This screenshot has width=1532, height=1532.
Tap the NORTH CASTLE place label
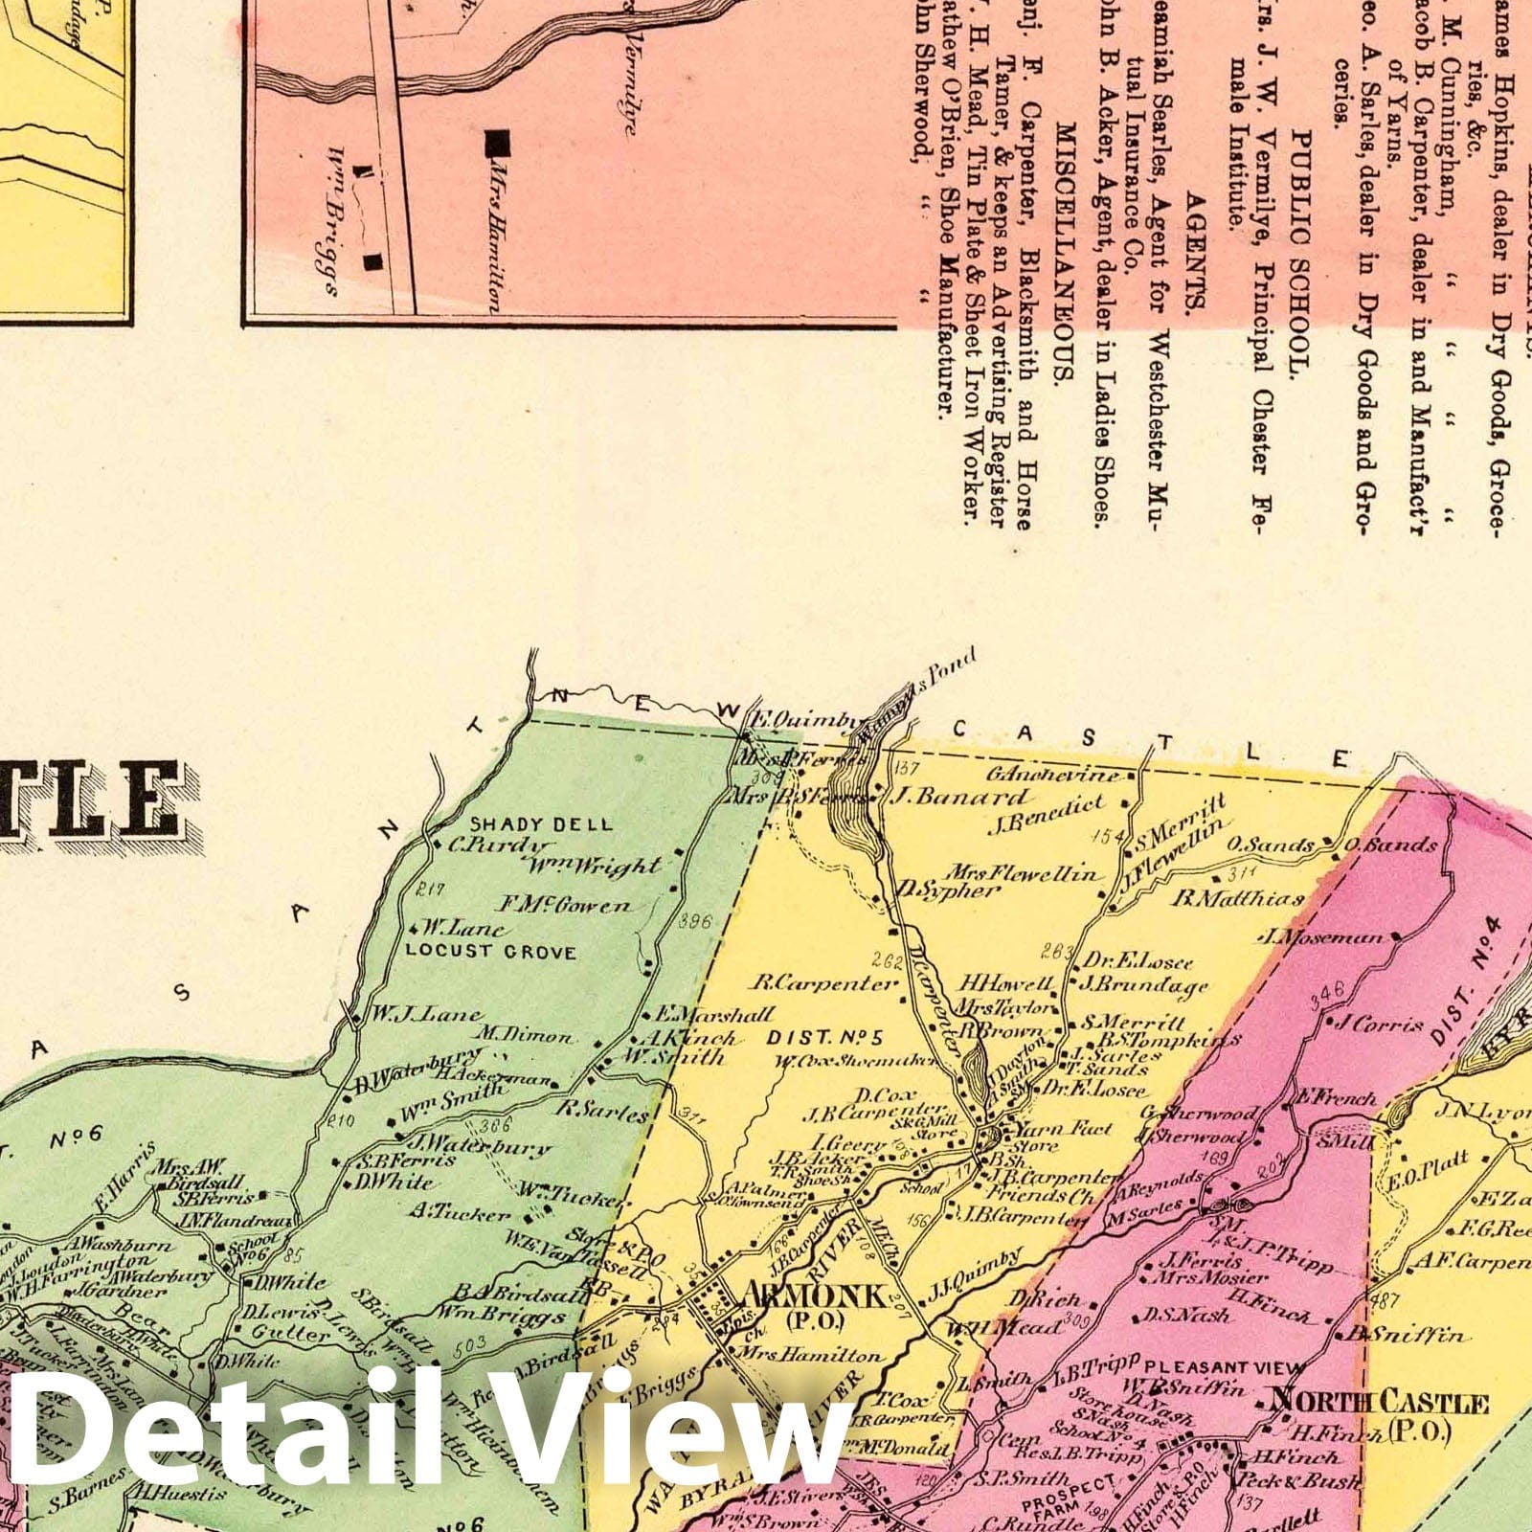(x=1379, y=1404)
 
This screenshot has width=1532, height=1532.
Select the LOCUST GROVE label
(x=490, y=952)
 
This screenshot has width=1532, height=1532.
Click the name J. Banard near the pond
(x=960, y=797)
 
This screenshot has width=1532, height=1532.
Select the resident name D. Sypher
(x=948, y=889)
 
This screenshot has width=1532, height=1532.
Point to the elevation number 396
(x=693, y=923)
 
